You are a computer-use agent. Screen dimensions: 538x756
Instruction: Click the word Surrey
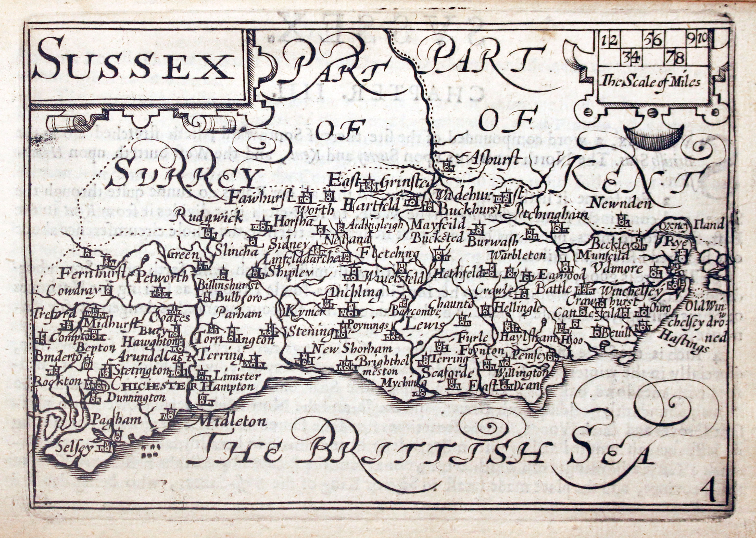(185, 174)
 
